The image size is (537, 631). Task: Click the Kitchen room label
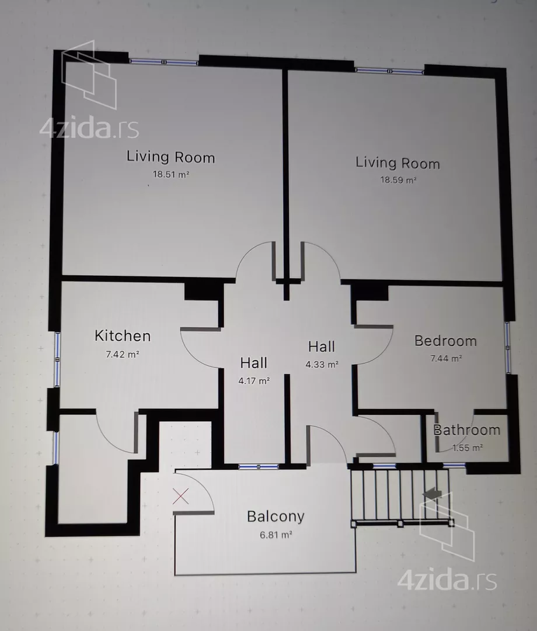[x=123, y=335]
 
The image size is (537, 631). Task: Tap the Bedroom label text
[x=445, y=341]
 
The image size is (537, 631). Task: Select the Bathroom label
[x=466, y=430]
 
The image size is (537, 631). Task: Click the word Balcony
[x=276, y=516]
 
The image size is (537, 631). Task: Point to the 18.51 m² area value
[x=171, y=174]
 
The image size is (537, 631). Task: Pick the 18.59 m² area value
[x=398, y=180]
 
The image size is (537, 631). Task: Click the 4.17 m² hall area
[x=254, y=381]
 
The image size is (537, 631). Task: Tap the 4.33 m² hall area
[x=322, y=365]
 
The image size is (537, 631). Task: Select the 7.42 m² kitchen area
[x=123, y=354]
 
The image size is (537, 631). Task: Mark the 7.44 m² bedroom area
[x=446, y=358]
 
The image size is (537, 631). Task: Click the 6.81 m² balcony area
[x=276, y=535]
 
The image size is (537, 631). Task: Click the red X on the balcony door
[x=180, y=496]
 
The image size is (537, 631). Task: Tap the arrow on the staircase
[x=432, y=493]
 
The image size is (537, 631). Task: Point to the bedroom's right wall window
[x=508, y=347]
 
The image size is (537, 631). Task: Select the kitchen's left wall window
[x=57, y=359]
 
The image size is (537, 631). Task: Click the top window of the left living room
[x=163, y=62]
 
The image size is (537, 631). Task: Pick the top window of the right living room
[x=389, y=71]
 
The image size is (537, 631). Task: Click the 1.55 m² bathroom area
[x=468, y=448]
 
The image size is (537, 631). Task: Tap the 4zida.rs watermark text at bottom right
[x=447, y=581]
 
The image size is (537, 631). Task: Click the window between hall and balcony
[x=259, y=467]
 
